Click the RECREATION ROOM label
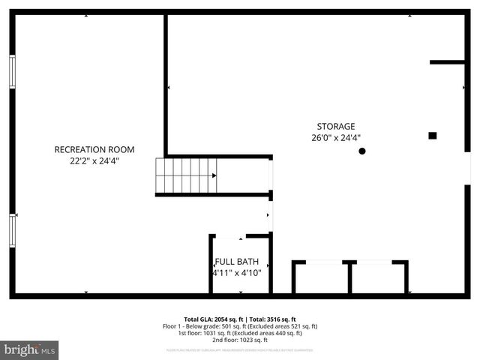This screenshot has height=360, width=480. tap(94, 149)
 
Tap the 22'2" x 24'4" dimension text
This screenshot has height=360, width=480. tap(94, 160)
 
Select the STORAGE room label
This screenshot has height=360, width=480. tap(335, 127)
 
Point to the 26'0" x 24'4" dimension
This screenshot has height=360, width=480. tap(336, 138)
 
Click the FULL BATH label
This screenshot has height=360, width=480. tap(237, 262)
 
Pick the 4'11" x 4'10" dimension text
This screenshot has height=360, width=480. tap(237, 273)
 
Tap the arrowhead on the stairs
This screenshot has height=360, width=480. tap(214, 175)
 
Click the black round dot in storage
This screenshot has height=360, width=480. tap(362, 151)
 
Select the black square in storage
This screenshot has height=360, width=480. tap(433, 136)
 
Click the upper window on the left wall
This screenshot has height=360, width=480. tap(12, 71)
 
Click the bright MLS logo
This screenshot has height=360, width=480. tap(30, 349)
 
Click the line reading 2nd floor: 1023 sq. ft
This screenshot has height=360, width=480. tap(240, 341)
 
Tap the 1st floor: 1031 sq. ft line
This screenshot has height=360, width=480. tap(240, 334)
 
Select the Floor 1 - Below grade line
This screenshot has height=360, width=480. tap(240, 326)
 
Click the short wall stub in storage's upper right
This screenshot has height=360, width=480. tap(447, 62)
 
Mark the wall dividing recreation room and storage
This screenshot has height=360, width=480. tap(165, 82)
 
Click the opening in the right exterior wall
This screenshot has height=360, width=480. tap(468, 168)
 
